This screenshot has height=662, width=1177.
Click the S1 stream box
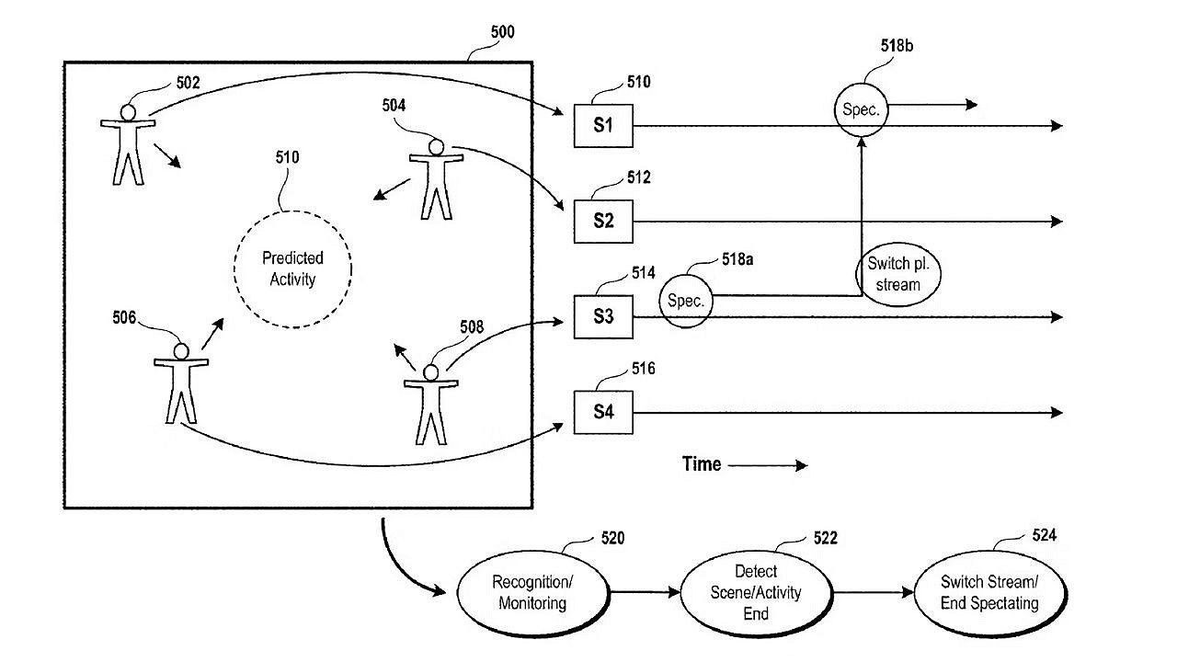pyautogui.click(x=603, y=126)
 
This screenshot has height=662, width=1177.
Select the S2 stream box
pyautogui.click(x=603, y=222)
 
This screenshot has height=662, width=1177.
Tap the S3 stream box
pyautogui.click(x=603, y=317)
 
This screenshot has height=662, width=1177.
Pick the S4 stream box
pyautogui.click(x=603, y=412)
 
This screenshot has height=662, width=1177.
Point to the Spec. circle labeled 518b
pyautogui.click(x=862, y=109)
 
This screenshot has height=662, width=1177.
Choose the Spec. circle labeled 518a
pyautogui.click(x=686, y=301)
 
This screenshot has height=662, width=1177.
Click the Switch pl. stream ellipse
pyautogui.click(x=899, y=274)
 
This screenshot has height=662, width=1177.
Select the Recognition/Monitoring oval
pyautogui.click(x=532, y=593)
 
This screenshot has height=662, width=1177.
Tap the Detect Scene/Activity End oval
pyautogui.click(x=756, y=593)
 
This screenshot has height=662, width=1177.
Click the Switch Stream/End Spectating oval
pyautogui.click(x=990, y=593)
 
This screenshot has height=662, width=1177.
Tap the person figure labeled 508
pyautogui.click(x=430, y=404)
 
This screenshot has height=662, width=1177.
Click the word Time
pyautogui.click(x=702, y=464)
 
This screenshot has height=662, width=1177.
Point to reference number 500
pyautogui.click(x=502, y=33)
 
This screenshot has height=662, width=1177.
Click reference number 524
pyautogui.click(x=1044, y=535)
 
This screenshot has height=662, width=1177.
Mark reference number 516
pyautogui.click(x=643, y=369)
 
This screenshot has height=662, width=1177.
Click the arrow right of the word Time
pyautogui.click(x=768, y=466)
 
